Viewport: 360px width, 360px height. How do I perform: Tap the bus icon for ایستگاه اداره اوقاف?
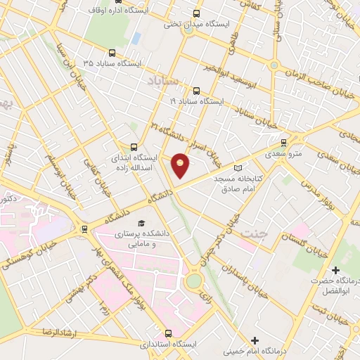[x=94, y=12]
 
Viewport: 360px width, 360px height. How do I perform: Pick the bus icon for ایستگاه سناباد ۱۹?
[x=195, y=90]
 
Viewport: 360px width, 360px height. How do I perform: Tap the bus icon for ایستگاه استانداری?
[x=167, y=333]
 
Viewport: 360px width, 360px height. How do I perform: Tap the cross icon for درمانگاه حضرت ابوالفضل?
[x=336, y=270]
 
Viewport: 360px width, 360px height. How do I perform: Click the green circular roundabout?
[x=193, y=281]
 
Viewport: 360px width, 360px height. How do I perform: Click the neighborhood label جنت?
[x=252, y=232]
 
